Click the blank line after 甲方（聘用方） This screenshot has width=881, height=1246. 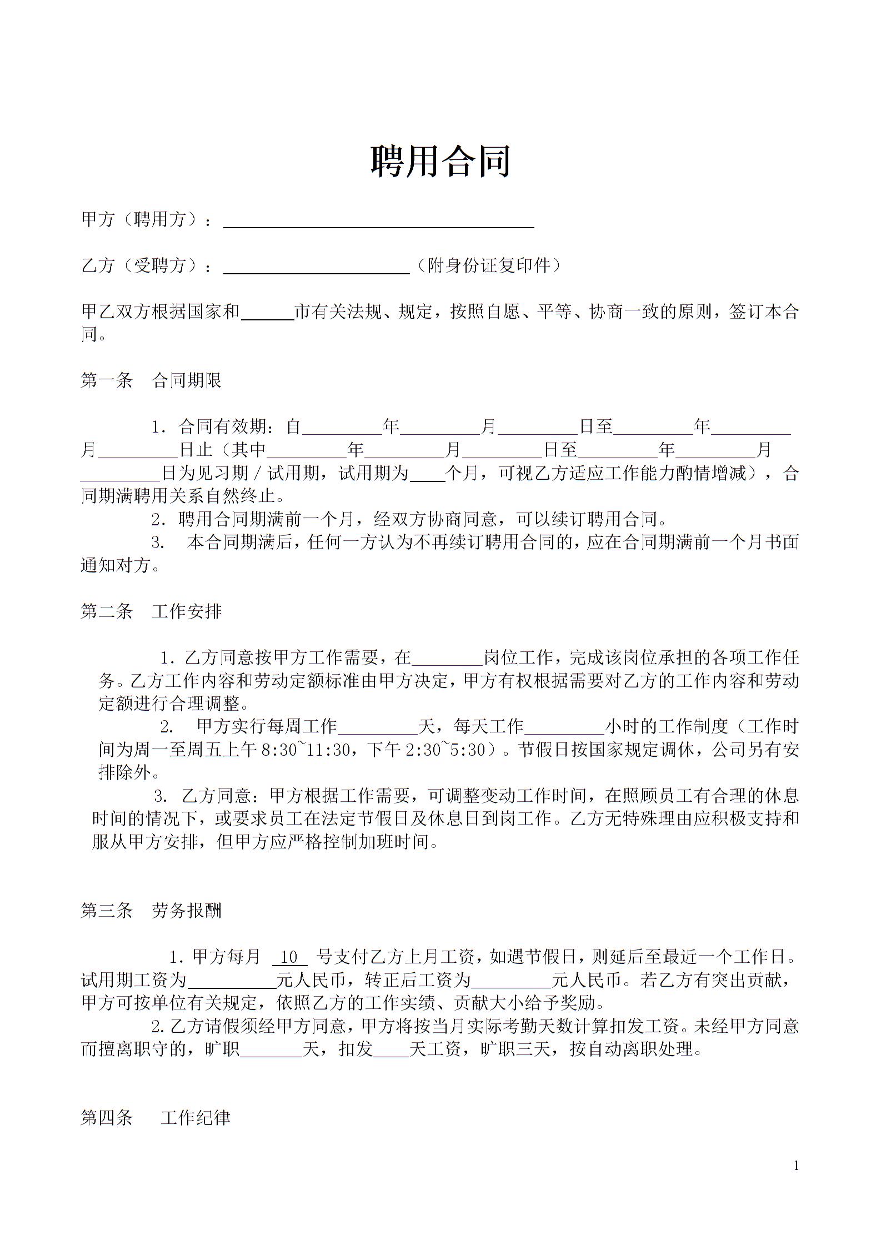(378, 222)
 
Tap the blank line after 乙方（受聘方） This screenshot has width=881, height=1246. (316, 268)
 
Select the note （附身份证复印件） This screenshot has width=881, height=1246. (488, 265)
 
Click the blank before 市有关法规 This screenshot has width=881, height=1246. (267, 314)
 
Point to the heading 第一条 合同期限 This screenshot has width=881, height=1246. (151, 380)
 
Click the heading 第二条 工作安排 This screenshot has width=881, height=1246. (151, 611)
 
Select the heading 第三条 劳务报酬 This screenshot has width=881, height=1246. (151, 911)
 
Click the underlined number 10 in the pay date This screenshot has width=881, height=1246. (289, 957)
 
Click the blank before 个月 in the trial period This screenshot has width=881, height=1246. (427, 475)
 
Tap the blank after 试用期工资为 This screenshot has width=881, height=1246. (232, 982)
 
